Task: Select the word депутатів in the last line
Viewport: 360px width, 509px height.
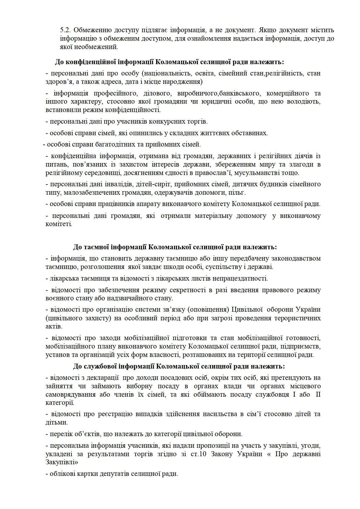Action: pos(114,474)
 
